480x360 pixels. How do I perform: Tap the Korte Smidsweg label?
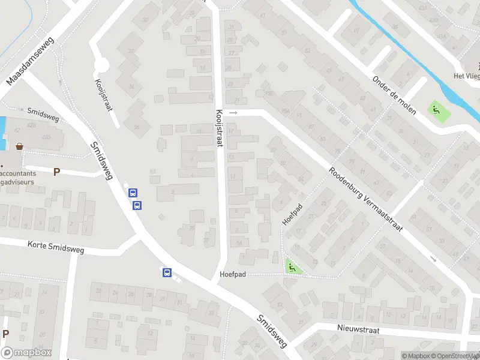tap(56, 246)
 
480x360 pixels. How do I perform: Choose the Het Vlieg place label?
tap(466, 76)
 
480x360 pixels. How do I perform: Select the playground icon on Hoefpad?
tap(292, 267)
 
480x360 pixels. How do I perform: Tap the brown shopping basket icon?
tap(20, 146)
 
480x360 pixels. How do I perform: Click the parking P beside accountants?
tap(56, 172)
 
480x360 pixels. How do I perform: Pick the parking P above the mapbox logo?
tap(6, 334)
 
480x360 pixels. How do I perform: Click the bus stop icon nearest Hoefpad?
tap(167, 273)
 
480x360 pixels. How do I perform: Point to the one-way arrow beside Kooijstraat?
tap(234, 112)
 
